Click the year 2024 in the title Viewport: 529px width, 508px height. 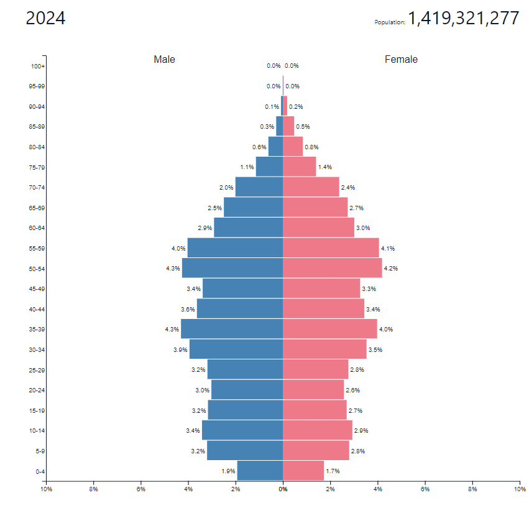click(x=45, y=19)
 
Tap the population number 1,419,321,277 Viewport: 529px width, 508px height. click(x=463, y=19)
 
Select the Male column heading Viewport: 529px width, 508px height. click(x=165, y=60)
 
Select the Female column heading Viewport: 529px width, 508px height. click(x=401, y=60)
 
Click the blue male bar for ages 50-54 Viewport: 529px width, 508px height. click(x=232, y=268)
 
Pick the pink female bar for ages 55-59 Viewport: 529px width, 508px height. click(x=331, y=248)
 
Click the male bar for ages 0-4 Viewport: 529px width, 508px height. click(x=260, y=471)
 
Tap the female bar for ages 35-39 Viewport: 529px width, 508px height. click(x=329, y=329)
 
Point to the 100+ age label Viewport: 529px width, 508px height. click(x=37, y=66)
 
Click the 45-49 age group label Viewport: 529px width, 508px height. click(x=37, y=289)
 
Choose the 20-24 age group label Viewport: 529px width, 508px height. click(x=37, y=390)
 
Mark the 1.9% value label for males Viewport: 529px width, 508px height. click(x=228, y=471)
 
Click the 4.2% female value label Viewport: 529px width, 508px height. click(x=390, y=269)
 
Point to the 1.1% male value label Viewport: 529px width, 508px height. click(x=247, y=167)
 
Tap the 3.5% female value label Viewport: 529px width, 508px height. click(x=375, y=349)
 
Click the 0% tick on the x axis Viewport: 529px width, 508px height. click(x=283, y=490)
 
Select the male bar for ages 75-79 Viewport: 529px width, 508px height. click(x=269, y=167)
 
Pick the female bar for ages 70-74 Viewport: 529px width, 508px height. click(x=311, y=187)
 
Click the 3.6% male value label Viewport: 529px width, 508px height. click(x=188, y=309)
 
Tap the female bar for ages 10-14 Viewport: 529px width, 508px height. click(x=317, y=430)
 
